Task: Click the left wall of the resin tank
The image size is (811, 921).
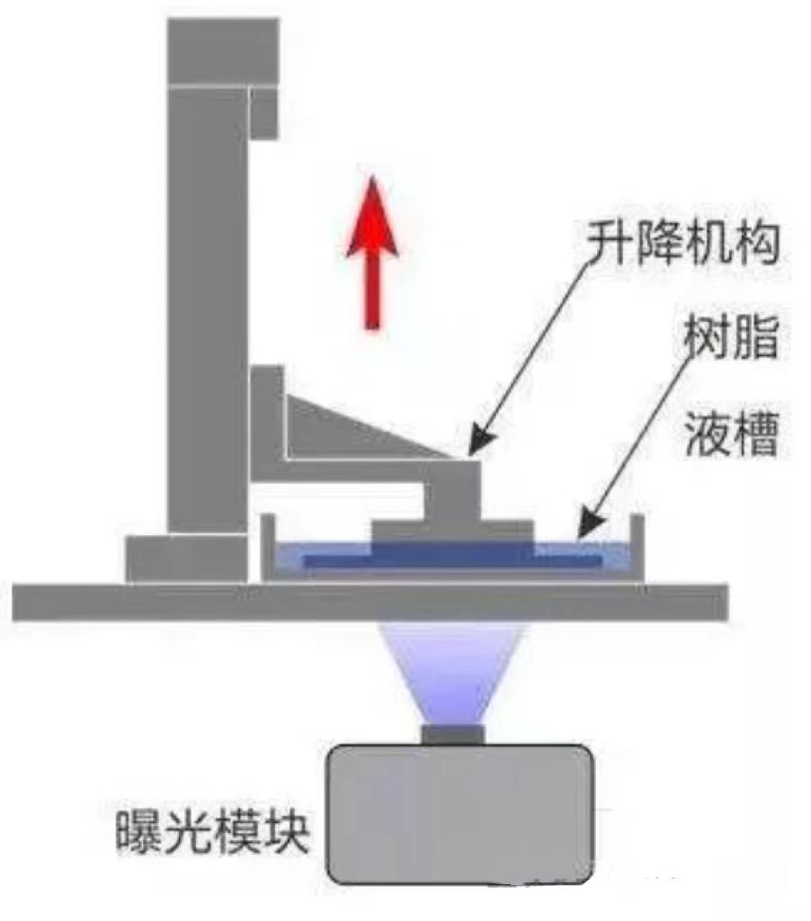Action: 266,544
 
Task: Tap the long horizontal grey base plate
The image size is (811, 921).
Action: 370,602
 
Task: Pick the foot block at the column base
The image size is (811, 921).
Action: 185,558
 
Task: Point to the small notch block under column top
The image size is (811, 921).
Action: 263,112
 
